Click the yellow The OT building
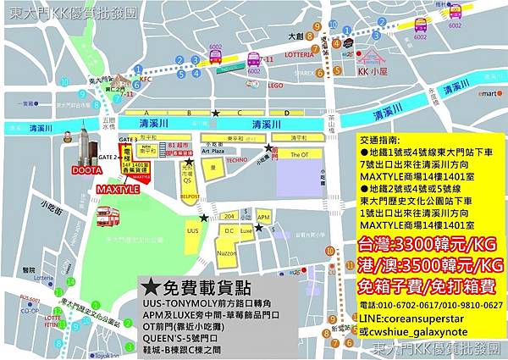[x=300, y=155]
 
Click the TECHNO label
[x=236, y=159]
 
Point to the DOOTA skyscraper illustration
[x=85, y=147]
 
